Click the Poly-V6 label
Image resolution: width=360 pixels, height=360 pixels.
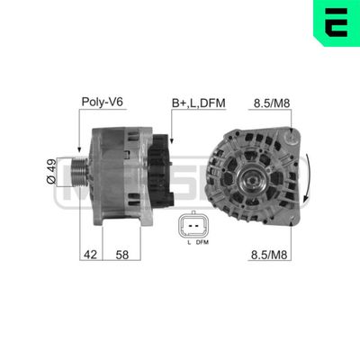click(x=101, y=102)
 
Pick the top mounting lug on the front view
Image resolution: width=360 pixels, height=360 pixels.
click(x=292, y=138)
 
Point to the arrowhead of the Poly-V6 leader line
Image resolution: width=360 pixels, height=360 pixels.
click(x=80, y=149)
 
